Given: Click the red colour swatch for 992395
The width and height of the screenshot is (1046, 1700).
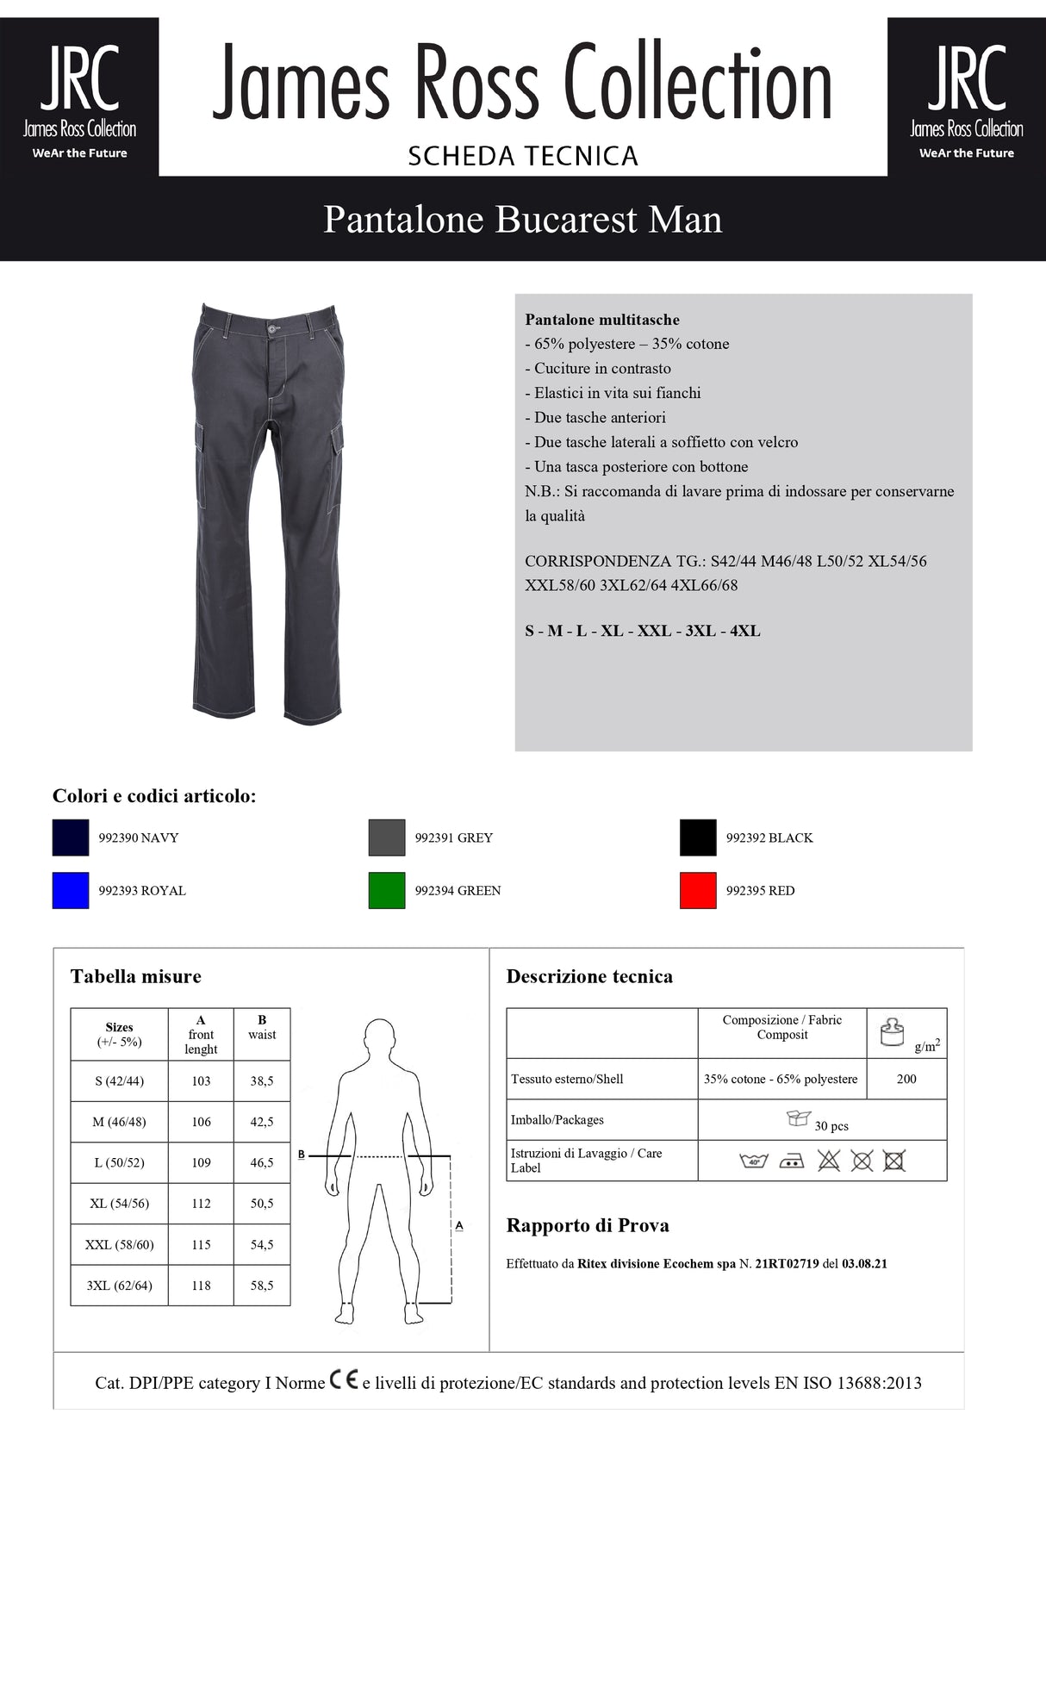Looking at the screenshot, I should (x=698, y=890).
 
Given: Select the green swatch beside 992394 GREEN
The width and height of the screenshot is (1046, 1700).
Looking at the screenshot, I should (x=386, y=890).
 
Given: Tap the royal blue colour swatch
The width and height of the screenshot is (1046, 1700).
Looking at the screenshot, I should (x=71, y=890).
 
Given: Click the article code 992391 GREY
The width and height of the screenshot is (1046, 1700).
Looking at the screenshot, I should (x=453, y=838).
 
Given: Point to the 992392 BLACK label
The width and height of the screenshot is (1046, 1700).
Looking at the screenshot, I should (x=769, y=838).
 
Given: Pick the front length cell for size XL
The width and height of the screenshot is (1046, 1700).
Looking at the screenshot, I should (x=201, y=1204).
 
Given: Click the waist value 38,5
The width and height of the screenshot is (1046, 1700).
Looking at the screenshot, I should (x=262, y=1080).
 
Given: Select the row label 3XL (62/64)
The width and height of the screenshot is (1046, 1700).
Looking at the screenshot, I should (x=119, y=1286).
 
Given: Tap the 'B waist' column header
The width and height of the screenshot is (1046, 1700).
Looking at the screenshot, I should (x=262, y=1028).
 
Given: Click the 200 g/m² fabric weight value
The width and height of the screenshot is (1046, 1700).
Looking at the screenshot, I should (x=906, y=1079).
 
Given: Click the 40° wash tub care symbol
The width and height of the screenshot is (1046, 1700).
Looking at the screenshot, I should (x=753, y=1161).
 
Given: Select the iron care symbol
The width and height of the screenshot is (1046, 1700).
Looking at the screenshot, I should (x=791, y=1161).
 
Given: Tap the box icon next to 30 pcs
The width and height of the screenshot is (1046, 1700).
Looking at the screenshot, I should (x=799, y=1118).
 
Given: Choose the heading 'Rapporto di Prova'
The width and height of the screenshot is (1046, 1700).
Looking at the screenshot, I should (x=588, y=1225).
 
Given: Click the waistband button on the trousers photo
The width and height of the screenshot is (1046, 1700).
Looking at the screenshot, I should (x=273, y=328).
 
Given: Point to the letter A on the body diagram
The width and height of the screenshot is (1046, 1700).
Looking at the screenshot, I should (x=459, y=1224).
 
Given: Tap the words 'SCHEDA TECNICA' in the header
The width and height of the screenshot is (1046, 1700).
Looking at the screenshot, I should (x=522, y=156).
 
